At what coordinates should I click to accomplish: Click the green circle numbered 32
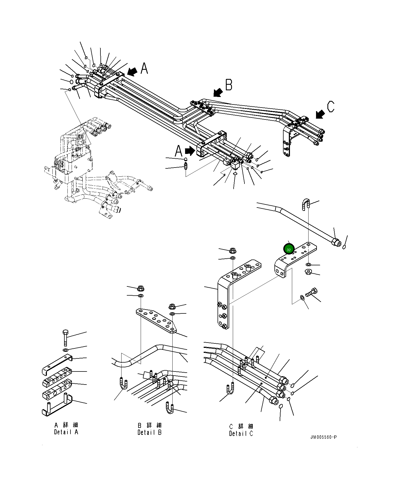[289, 249]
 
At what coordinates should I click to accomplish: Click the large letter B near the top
[229, 85]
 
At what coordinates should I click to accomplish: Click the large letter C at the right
[331, 107]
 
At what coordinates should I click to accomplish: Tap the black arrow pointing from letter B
[218, 93]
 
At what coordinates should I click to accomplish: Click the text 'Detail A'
[66, 432]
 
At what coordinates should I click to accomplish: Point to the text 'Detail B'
[150, 432]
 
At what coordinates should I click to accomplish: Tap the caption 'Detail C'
[241, 433]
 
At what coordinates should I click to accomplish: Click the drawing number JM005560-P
[324, 445]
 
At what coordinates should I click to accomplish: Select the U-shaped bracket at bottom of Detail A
[57, 405]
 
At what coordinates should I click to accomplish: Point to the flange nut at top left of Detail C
[233, 251]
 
